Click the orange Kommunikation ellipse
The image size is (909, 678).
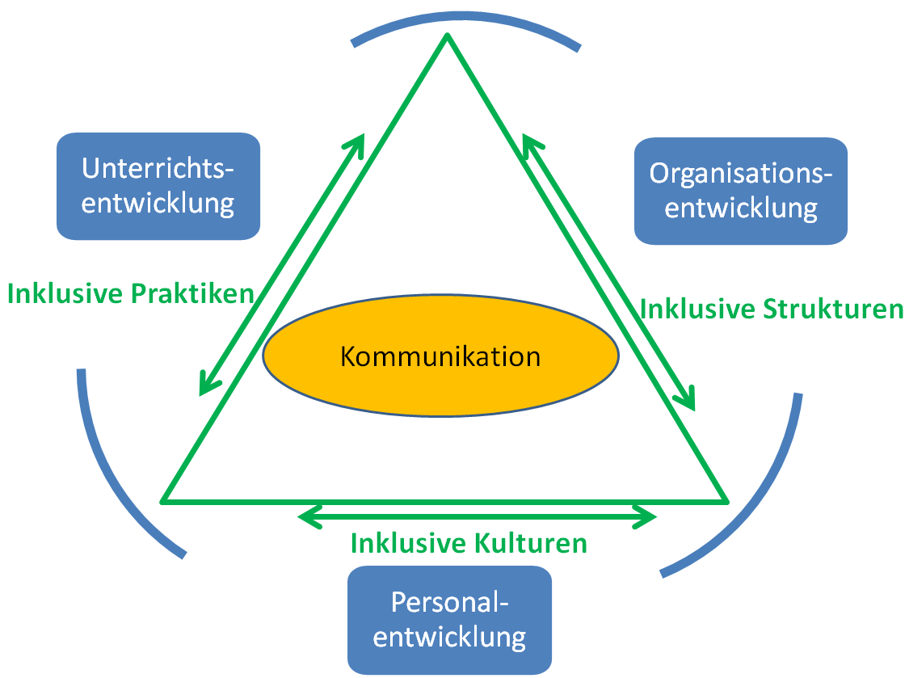click(441, 356)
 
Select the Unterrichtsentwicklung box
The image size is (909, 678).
click(158, 186)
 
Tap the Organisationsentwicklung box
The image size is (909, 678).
click(740, 191)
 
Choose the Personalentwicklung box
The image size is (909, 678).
click(449, 620)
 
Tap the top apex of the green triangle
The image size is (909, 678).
click(447, 36)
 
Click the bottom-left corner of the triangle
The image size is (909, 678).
click(165, 500)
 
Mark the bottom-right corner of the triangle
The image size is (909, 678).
click(726, 500)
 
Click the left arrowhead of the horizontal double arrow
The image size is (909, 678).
click(305, 515)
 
